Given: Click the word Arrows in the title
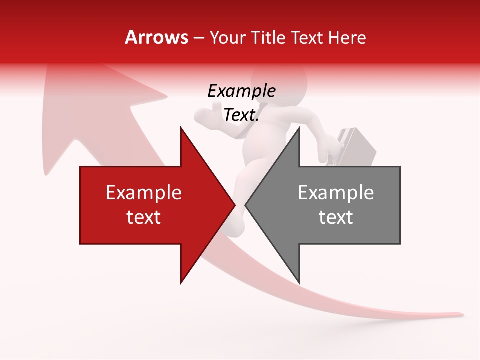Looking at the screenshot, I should pos(157,37).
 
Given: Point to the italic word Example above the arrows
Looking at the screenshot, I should pos(241,91).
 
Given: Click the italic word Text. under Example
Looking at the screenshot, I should pos(241,115).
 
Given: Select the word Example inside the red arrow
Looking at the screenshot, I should pos(144,192).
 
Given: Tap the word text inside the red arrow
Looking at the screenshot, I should pos(144,217).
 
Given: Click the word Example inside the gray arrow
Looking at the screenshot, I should pos(336,192).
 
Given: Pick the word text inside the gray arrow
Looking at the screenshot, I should pos(336,217).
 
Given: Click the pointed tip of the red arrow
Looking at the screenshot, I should pos(234,205).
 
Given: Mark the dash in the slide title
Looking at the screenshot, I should pos(199,38).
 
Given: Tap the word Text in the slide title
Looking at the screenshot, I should pos(307,37).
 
